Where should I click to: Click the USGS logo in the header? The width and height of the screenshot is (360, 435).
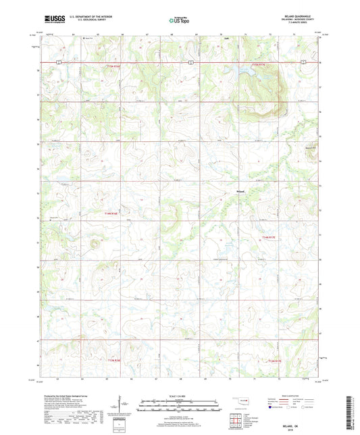coord(53,20)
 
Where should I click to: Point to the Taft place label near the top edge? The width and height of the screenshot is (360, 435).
coord(227,38)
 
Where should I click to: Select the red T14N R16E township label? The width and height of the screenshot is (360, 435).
coord(111,214)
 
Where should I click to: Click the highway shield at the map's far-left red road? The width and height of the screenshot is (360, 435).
coord(59,61)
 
